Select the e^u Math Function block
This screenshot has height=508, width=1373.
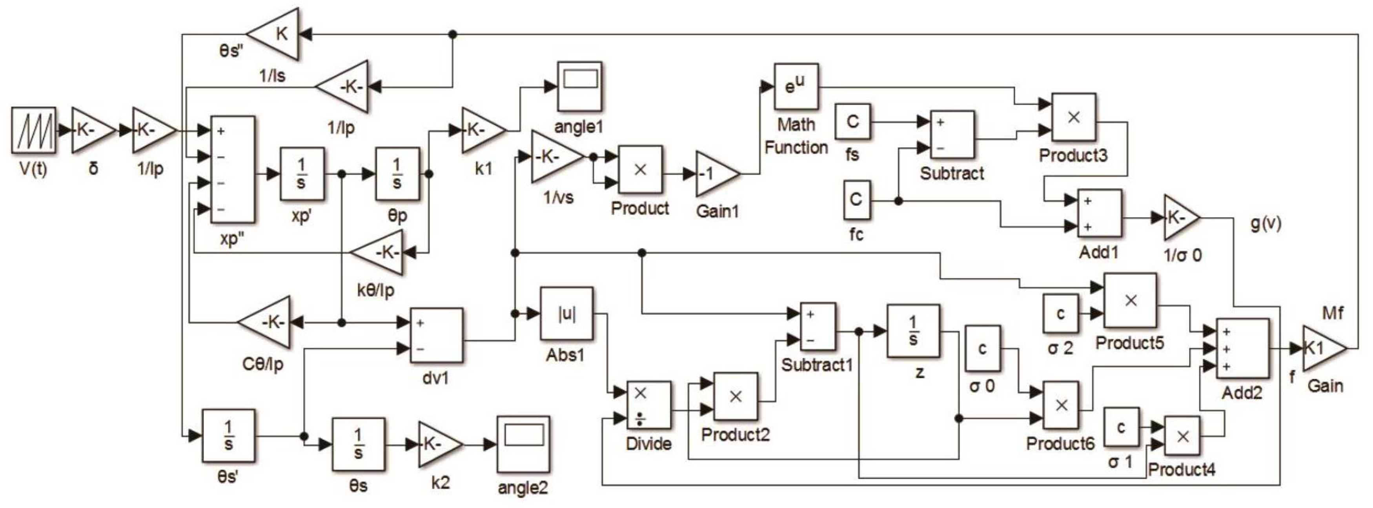pyautogui.click(x=796, y=87)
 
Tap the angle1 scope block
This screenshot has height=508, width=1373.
pyautogui.click(x=579, y=86)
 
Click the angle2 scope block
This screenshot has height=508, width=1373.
pyautogui.click(x=523, y=444)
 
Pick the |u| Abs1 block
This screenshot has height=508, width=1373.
pyautogui.click(x=566, y=314)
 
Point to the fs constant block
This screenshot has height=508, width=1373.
pyautogui.click(x=852, y=122)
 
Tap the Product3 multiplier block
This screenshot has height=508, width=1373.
pyautogui.click(x=1073, y=118)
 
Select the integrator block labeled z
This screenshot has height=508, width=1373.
pyautogui.click(x=912, y=331)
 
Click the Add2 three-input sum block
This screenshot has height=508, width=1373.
pyautogui.click(x=1242, y=349)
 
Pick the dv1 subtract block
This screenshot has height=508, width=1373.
pyautogui.click(x=436, y=336)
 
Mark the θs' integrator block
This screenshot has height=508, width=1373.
pyautogui.click(x=228, y=435)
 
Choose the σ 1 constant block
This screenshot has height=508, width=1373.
pyautogui.click(x=1121, y=427)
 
